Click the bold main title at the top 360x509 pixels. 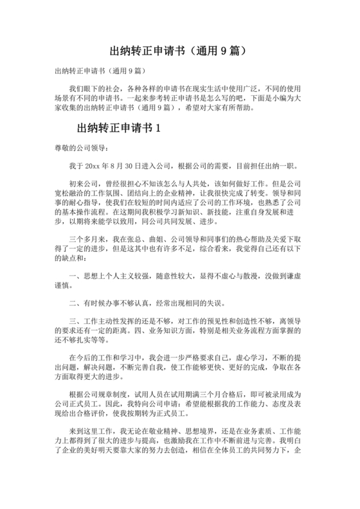(x=179, y=49)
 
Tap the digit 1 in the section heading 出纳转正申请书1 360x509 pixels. (x=156, y=127)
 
